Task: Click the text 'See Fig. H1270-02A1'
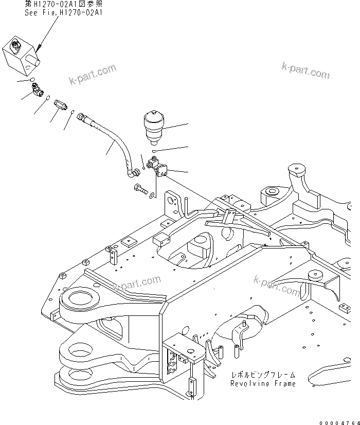pos(63,12)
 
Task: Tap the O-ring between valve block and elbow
pos(33,79)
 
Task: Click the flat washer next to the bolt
pos(152,194)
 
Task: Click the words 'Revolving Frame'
pos(263,383)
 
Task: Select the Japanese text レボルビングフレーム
pos(263,376)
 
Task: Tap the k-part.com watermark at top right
pos(305,70)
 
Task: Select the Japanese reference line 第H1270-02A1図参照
pos(63,4)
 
